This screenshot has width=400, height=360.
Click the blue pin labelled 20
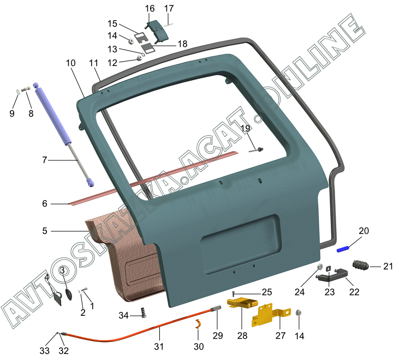tap(343, 249)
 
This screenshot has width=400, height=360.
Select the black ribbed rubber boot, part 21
tap(361, 266)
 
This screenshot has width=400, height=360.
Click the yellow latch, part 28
tap(242, 303)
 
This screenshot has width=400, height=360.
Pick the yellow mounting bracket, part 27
tap(271, 315)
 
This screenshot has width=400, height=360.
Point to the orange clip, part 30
tap(199, 324)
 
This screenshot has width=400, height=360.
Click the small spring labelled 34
tap(144, 313)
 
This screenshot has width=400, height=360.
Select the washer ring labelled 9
tap(17, 91)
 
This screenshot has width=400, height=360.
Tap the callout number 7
tap(44, 160)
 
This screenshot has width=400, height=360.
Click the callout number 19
tap(246, 128)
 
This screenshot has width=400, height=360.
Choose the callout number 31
tap(159, 346)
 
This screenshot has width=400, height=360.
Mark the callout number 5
tap(45, 231)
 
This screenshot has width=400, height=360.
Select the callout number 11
tap(94, 63)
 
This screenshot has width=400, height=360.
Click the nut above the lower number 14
tap(298, 313)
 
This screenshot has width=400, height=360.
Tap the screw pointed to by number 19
tap(256, 150)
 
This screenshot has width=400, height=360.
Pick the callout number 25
tap(267, 292)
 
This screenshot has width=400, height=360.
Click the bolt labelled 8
tap(25, 89)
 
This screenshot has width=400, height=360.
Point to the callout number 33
tap(44, 351)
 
